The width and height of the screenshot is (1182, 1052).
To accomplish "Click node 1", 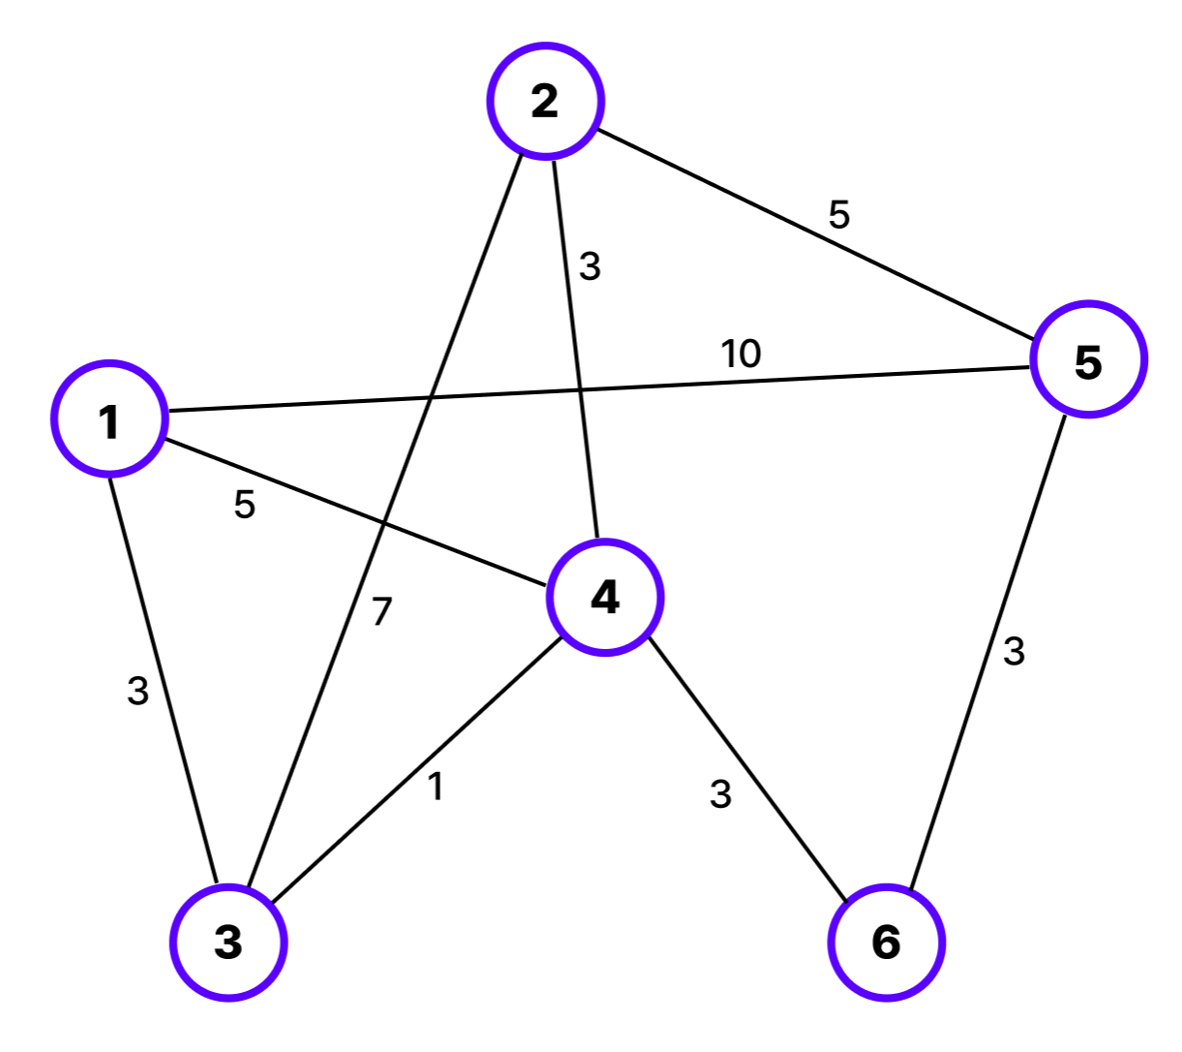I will (109, 419).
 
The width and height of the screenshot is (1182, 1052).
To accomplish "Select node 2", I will (546, 101).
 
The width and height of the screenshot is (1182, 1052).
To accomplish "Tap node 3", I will (228, 942).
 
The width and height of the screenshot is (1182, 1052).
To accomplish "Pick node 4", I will (605, 597).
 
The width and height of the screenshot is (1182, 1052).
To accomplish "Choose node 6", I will (886, 942).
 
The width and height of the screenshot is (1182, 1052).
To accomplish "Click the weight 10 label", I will (741, 355).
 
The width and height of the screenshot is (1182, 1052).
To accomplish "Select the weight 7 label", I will (381, 611).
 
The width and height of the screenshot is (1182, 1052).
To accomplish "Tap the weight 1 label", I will (437, 788).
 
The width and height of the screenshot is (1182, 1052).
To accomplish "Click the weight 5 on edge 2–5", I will (838, 214).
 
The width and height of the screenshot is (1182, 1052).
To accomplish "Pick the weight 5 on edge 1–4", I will (244, 505).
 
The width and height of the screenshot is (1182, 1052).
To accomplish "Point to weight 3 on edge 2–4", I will (590, 266).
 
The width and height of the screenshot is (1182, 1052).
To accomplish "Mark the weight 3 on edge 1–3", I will (138, 692).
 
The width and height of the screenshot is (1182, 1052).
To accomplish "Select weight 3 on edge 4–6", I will (720, 794).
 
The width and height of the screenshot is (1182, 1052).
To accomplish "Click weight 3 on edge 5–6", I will (1014, 652).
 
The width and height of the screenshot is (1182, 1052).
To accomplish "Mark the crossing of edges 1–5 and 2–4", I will (581, 389).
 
